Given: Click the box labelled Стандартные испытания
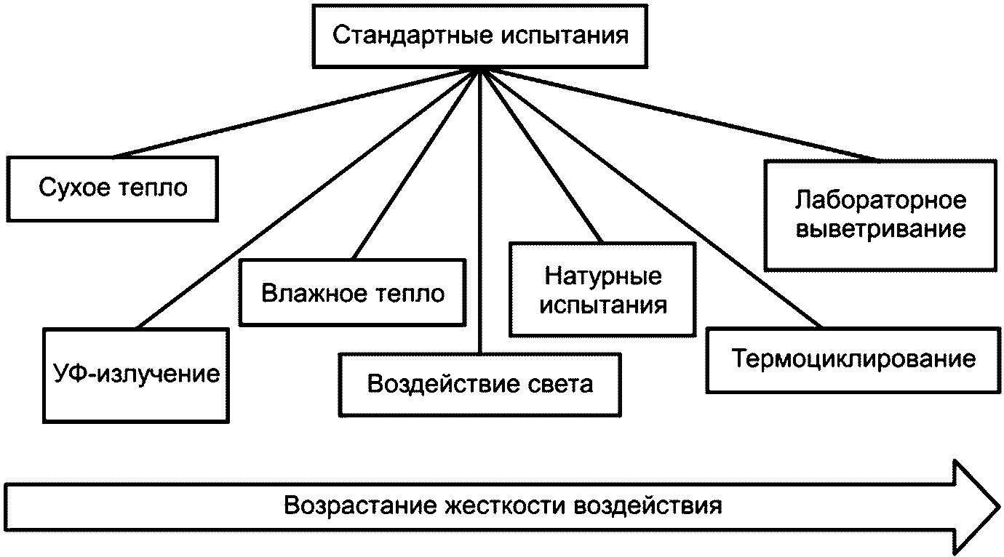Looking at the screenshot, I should tap(480, 36).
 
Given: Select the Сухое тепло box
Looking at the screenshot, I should tap(113, 188).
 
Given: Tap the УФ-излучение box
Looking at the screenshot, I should tap(137, 374).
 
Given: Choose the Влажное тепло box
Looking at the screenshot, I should tap(353, 292).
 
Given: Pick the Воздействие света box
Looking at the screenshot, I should tap(480, 384).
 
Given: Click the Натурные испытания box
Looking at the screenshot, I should tap(602, 289).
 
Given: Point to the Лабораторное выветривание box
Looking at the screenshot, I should tap(880, 215).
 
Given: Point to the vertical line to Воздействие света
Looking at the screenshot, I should tap(480, 218).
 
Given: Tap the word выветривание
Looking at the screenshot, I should tap(880, 230).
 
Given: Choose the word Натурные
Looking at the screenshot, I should tap(602, 276).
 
